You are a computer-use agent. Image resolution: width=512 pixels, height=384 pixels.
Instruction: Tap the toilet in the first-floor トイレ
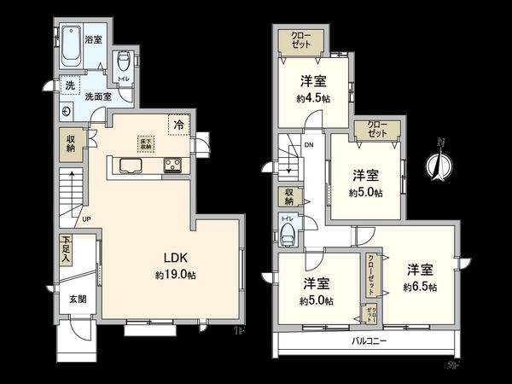(124, 60)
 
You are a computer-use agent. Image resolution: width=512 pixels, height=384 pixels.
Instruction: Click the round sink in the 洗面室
(67, 111)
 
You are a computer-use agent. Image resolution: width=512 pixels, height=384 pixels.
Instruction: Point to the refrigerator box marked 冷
(178, 125)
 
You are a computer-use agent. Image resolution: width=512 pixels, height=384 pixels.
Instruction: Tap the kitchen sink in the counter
(132, 165)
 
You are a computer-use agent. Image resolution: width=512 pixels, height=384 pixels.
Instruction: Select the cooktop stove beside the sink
(172, 165)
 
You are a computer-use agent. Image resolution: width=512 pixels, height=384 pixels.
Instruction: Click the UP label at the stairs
(86, 218)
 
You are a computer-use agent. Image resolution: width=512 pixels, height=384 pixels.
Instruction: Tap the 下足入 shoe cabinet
(67, 250)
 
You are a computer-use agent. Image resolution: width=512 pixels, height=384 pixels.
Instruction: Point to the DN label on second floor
(308, 144)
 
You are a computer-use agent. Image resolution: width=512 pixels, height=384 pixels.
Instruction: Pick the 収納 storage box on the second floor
(289, 196)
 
